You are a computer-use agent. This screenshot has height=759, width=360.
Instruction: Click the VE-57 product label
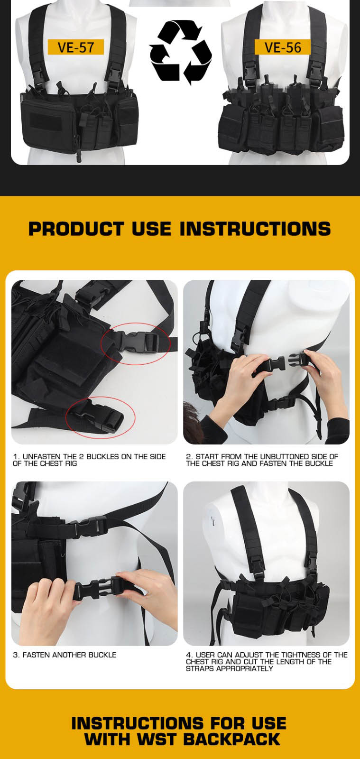point(75,47)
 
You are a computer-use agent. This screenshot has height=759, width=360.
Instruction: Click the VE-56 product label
point(282,47)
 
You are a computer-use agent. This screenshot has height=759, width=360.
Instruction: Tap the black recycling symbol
point(181,52)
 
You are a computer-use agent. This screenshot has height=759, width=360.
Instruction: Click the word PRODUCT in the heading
point(76,229)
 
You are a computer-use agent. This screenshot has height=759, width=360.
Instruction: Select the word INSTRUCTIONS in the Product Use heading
point(255,229)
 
